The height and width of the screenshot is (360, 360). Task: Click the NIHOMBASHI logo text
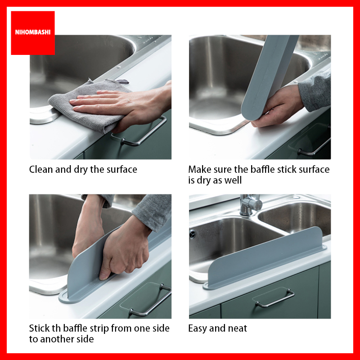(x=32, y=32)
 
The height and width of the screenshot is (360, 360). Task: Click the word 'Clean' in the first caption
(x=40, y=170)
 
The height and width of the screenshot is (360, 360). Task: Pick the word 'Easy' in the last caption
(x=198, y=328)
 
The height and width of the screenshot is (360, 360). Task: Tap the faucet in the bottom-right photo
(x=250, y=204)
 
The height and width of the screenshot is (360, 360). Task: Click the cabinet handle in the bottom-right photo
(x=274, y=298)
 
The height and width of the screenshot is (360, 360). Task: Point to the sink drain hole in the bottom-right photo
(x=193, y=234)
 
